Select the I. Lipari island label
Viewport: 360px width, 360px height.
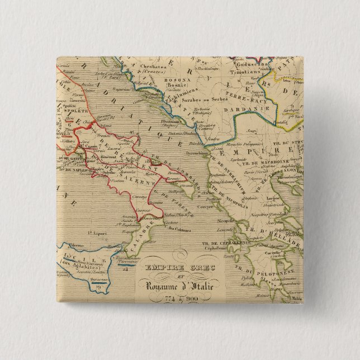pos(96,231)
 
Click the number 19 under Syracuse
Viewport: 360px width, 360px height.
pos(100,287)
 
